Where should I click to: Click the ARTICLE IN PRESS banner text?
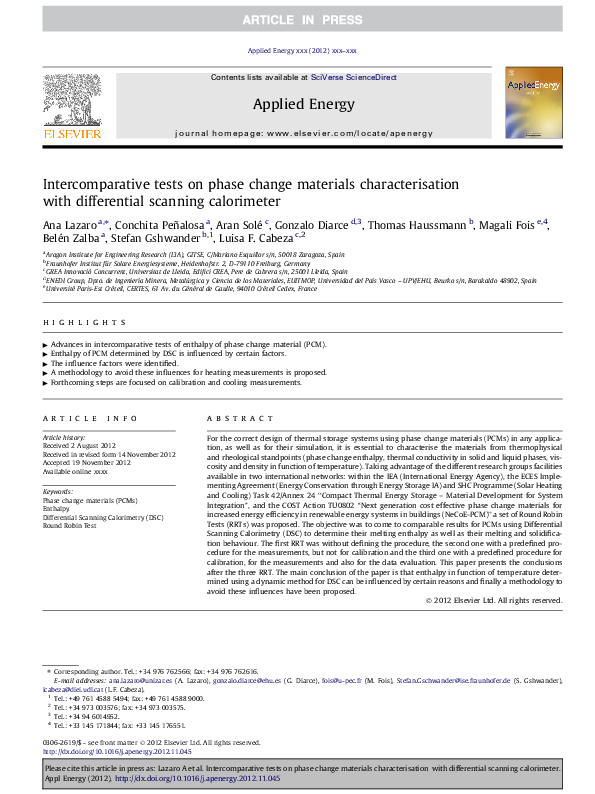(x=297, y=20)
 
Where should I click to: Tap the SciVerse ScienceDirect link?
(x=353, y=77)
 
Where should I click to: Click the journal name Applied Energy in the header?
(x=296, y=103)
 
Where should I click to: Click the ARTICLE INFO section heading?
(x=90, y=417)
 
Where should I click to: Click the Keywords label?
(x=58, y=492)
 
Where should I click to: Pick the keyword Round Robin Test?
(x=74, y=524)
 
